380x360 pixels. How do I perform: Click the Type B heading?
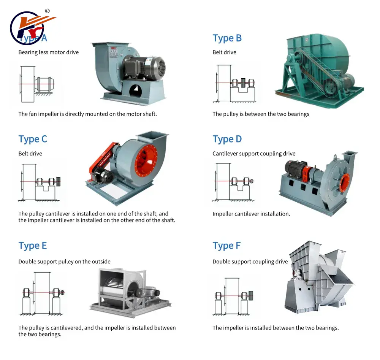(x=227, y=38)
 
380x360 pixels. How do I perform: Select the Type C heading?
(x=33, y=140)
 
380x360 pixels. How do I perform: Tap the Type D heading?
(x=227, y=140)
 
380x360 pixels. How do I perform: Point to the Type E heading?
(x=33, y=246)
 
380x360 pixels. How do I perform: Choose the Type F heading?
(x=226, y=246)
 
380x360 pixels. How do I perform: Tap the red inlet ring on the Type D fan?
(x=345, y=181)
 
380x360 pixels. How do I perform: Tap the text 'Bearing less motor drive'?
(x=48, y=52)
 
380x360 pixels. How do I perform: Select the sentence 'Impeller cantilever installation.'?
(x=251, y=214)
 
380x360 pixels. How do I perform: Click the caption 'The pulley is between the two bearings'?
(x=261, y=114)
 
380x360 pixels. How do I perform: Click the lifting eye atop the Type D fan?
(x=335, y=157)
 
